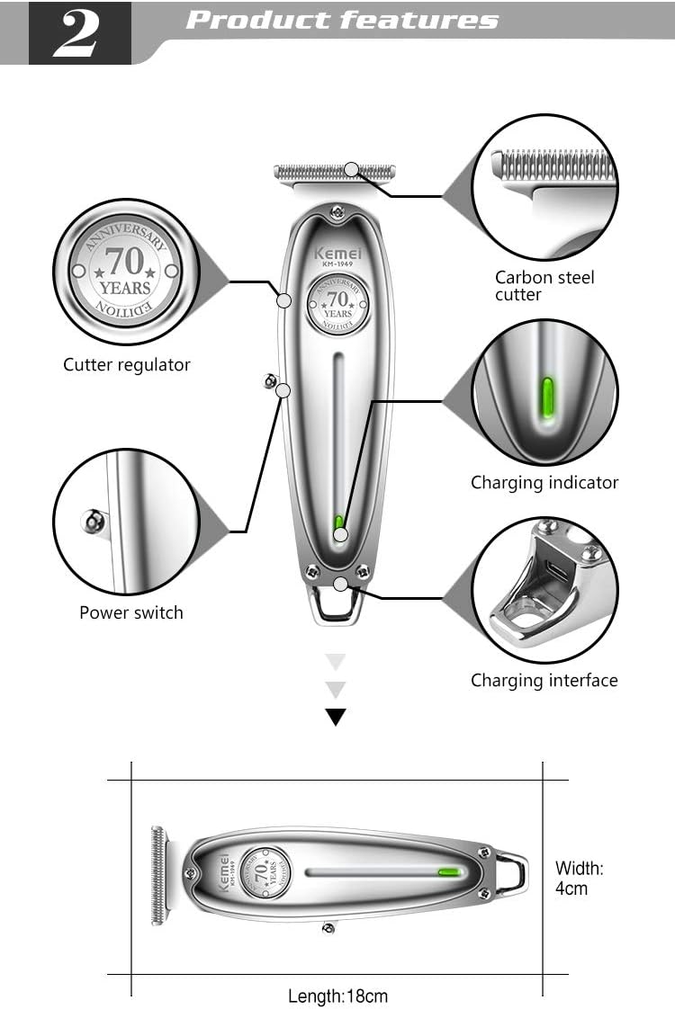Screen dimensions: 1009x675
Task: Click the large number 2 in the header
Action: tap(79, 34)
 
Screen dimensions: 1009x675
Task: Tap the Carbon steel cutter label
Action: tap(544, 286)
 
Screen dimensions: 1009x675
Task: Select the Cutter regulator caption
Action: tap(127, 365)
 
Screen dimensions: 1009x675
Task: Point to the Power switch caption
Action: tap(131, 613)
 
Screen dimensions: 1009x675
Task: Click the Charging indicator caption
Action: tap(544, 483)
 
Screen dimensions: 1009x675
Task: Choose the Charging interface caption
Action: tap(544, 681)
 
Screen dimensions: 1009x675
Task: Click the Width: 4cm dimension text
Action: tap(580, 878)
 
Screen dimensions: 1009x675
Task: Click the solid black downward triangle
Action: tap(336, 717)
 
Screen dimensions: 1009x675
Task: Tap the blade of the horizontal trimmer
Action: tap(160, 875)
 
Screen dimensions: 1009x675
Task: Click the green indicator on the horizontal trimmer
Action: tap(448, 871)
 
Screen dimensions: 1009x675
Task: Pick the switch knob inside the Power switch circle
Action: tap(92, 521)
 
